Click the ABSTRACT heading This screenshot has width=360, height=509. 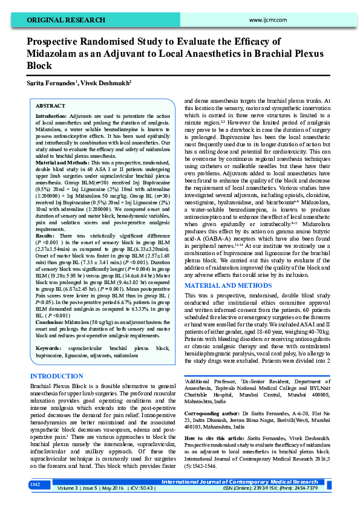(x=51, y=105)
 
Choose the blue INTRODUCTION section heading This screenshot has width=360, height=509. (x=56, y=376)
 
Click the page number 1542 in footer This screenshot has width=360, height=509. (x=36, y=484)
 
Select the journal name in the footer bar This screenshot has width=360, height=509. (x=257, y=482)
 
